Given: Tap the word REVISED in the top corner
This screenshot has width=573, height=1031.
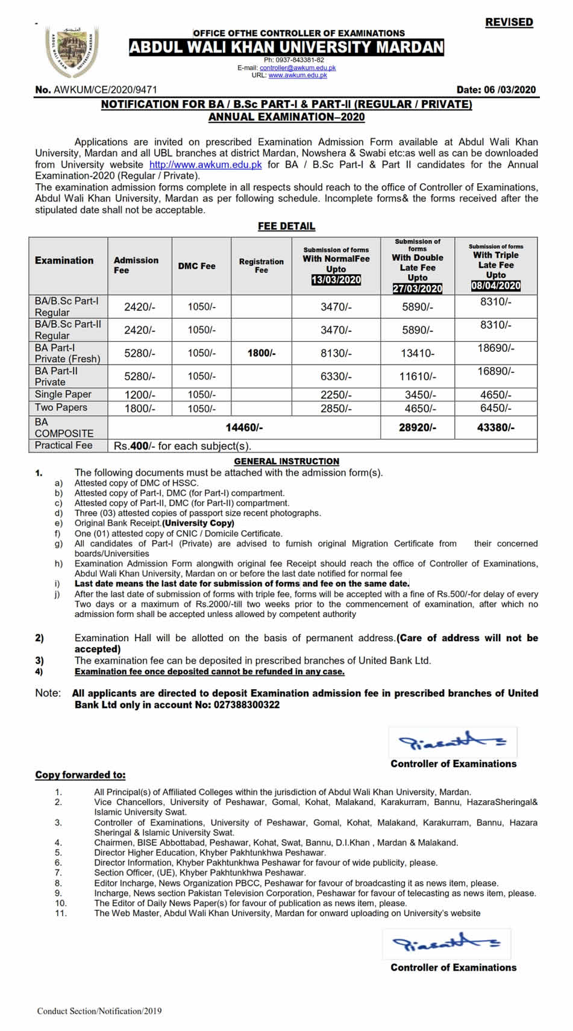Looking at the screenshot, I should (509, 22).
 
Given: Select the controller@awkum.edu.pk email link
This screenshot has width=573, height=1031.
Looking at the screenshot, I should (298, 68).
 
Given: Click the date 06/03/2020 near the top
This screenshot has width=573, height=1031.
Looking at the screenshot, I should (510, 90).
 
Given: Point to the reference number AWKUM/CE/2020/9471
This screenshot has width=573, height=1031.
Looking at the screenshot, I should (105, 90).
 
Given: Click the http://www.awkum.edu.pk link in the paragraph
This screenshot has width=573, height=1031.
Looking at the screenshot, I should (205, 165).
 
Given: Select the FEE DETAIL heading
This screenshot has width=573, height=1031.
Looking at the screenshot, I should (286, 226).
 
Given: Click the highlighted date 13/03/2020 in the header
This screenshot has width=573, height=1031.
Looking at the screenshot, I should (336, 280).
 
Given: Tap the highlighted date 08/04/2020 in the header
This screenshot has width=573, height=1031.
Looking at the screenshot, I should (496, 286).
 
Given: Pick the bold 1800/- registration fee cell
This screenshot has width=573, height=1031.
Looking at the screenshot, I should (261, 353).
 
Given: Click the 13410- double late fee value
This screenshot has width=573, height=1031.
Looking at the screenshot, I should (417, 353).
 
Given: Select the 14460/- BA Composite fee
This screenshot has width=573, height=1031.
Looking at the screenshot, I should (244, 427).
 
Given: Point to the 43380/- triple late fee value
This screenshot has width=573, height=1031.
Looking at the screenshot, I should (496, 427).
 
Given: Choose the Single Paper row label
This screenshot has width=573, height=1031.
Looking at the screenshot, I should (63, 394).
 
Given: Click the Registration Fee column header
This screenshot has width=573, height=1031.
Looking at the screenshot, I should (261, 266).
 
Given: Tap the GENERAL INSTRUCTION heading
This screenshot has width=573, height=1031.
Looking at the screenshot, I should (286, 461).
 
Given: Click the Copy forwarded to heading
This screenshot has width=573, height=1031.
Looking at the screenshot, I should (80, 775).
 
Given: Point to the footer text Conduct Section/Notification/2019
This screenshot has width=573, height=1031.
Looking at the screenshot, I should (99, 1011).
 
